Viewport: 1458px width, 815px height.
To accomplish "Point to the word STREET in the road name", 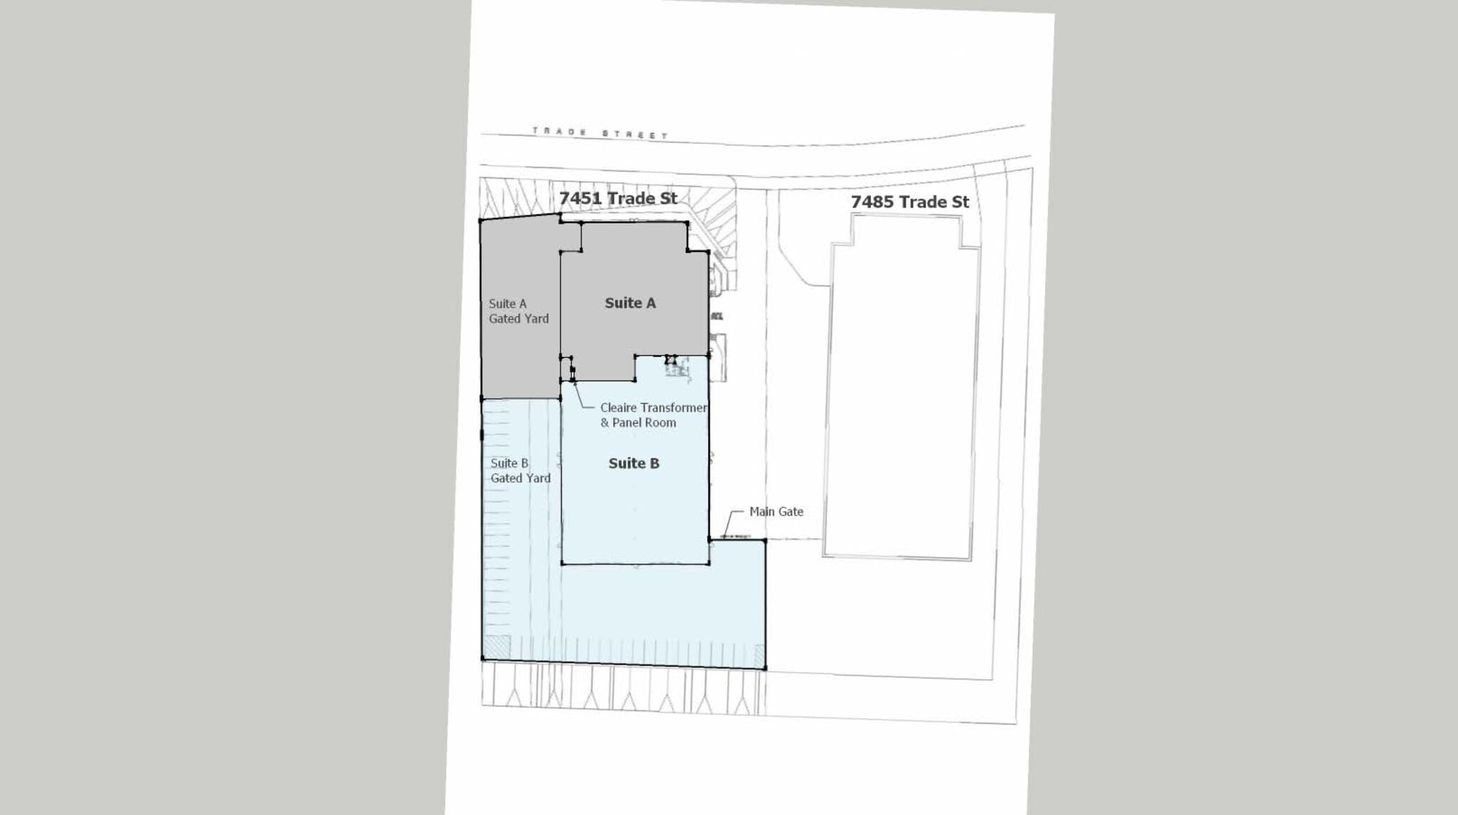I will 635,134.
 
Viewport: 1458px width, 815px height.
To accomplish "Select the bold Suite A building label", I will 630,303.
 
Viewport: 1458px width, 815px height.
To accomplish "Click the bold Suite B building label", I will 634,463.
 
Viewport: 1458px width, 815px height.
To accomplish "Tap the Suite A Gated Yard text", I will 518,311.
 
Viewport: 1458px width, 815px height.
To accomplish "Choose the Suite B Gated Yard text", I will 520,470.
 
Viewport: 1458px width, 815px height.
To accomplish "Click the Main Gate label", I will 776,511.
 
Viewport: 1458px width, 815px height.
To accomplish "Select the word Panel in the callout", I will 629,423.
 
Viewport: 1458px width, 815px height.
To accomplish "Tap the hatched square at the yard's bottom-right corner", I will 759,656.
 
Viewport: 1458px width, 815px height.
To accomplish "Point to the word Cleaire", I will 618,408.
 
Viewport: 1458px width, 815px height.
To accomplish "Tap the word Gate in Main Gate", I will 790,511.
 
